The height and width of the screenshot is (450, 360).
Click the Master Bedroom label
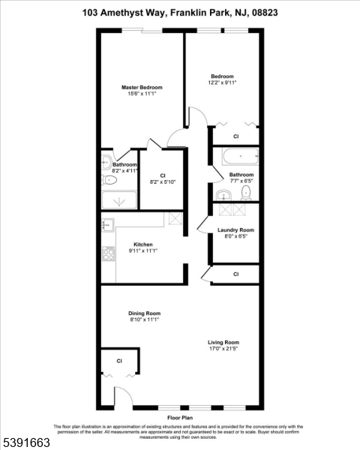pos(142,87)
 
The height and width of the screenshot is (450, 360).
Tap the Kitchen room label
pos(143,244)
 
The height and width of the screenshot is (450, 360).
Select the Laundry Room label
pos(235,230)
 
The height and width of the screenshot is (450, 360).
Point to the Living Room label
pos(223,343)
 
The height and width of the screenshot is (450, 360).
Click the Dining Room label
pos(145,313)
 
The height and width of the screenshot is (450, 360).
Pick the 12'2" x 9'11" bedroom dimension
pos(222,82)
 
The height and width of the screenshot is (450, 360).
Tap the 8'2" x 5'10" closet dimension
pos(163,181)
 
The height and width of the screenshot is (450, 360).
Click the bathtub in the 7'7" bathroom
pos(240,156)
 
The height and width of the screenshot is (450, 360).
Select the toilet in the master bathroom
pos(109,180)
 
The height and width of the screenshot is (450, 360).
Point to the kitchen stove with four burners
pos(109,253)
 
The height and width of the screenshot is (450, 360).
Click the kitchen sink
pos(108,225)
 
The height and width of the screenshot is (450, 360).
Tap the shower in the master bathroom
pos(119,200)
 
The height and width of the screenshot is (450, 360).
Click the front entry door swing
pos(124,396)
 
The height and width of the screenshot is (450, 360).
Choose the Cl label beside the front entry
pos(119,361)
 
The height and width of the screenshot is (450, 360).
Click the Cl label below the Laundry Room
pos(236,274)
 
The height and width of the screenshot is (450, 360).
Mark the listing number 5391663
pos(25,442)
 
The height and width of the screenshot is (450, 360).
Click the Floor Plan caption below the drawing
pos(180,418)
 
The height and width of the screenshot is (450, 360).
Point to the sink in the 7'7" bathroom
pos(223,195)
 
